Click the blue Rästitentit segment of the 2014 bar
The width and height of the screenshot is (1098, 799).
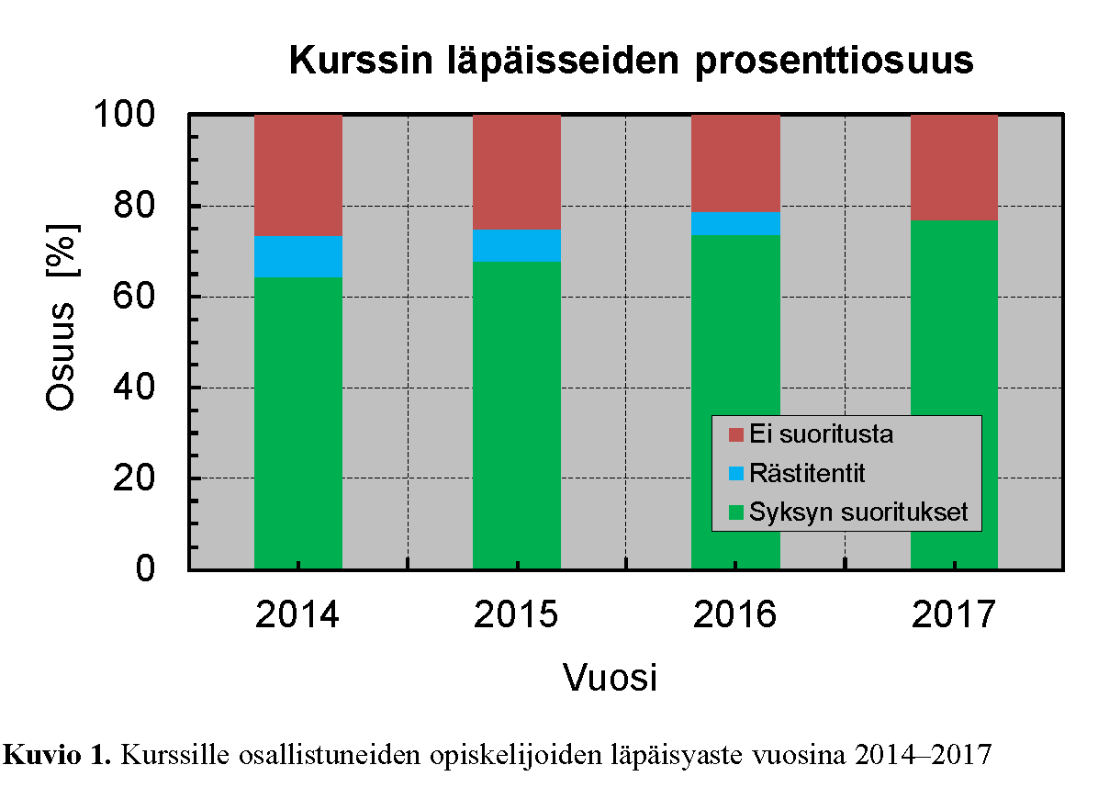(297, 257)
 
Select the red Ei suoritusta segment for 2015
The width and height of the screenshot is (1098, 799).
(516, 172)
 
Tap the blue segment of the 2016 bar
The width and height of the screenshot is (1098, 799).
(735, 223)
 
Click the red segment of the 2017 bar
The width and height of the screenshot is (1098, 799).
(954, 167)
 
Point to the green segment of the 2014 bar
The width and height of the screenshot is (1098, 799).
(297, 422)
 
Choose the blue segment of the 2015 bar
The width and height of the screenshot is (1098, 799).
(516, 245)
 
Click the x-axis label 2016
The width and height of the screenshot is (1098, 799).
(734, 614)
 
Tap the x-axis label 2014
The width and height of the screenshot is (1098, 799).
(297, 614)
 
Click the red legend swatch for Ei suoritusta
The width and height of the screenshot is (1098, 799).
(734, 433)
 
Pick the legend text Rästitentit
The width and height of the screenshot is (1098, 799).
(807, 474)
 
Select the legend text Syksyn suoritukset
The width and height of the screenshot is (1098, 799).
(857, 512)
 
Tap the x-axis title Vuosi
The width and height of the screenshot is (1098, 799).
(610, 679)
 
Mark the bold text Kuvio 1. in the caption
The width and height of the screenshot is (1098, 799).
(59, 756)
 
